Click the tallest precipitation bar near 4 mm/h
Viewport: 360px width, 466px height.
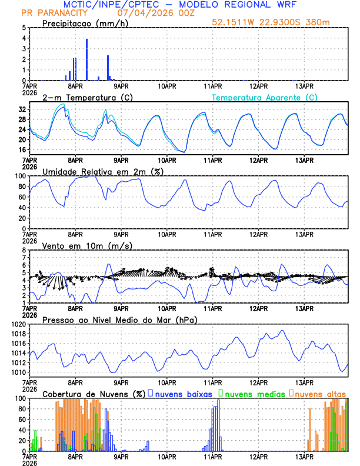87,59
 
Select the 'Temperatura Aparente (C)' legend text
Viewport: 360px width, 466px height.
264,97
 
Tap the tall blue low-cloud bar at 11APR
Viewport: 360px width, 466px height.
218,425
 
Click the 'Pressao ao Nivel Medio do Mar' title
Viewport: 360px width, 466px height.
119,319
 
